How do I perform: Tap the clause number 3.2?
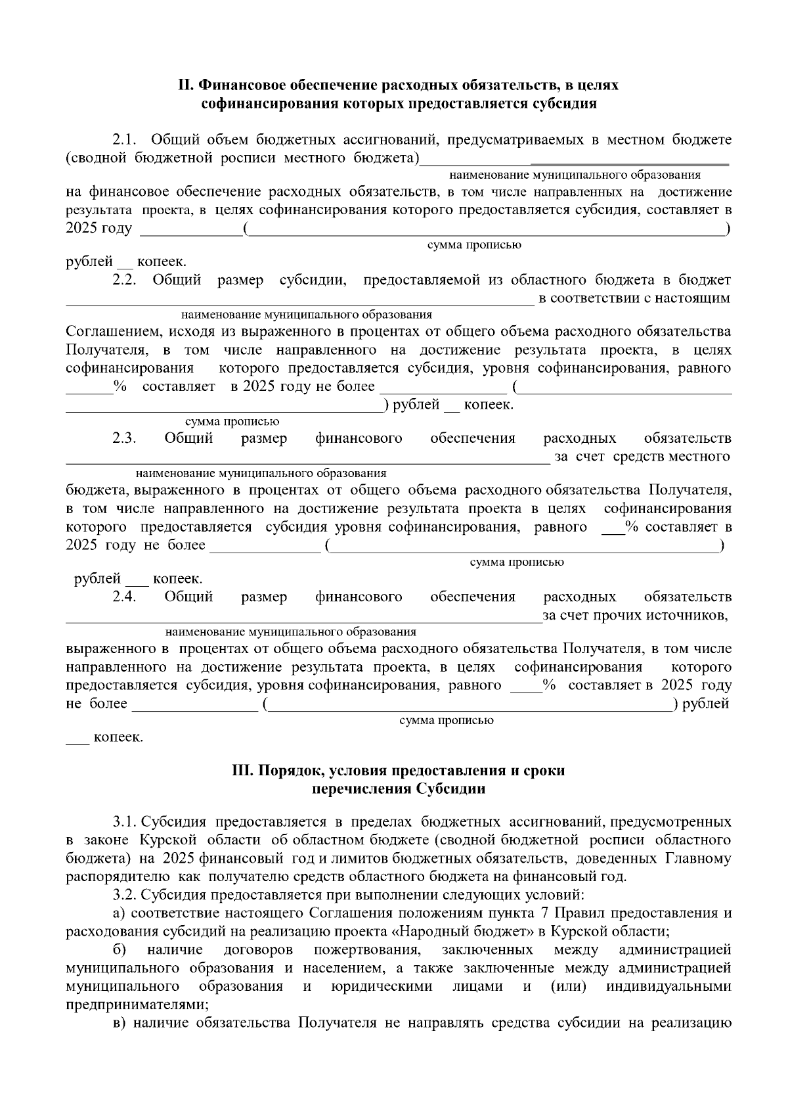point(125,895)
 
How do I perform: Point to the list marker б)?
point(120,950)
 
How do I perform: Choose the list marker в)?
point(119,1023)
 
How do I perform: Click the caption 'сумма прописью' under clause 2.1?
point(474,245)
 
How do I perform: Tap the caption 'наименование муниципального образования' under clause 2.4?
point(290,632)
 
